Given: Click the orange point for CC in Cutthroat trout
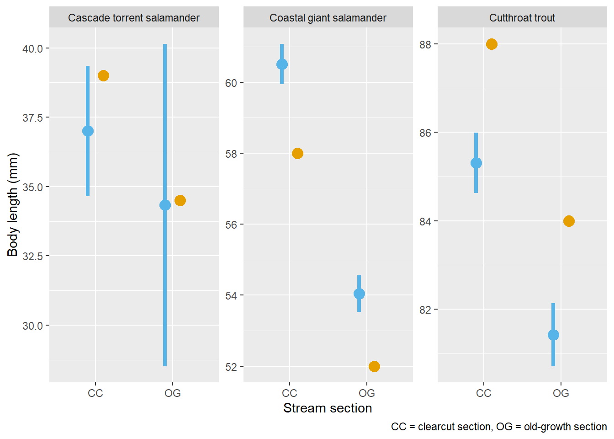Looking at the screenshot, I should pos(492,44).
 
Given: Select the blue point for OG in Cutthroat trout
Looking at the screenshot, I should pos(553,335).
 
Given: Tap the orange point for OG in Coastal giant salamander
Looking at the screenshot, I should pos(374,366).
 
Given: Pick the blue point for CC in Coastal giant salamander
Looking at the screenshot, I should pos(282,64).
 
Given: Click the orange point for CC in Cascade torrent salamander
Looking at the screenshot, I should pos(103,75).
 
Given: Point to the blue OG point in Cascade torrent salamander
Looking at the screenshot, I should pos(165,205).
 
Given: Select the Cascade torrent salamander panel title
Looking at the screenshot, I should pos(134,18).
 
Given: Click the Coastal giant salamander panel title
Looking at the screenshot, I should pos(328,18).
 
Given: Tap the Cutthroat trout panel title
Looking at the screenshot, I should pos(522,18).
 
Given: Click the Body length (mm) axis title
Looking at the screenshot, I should pos(13,204).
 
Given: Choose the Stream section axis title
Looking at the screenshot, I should pos(328,408).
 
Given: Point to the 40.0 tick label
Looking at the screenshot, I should pos(33,48).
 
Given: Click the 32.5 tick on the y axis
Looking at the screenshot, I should pos(33,256).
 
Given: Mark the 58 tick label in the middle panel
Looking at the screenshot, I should pos(231,154).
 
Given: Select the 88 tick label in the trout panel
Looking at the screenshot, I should pos(425,44).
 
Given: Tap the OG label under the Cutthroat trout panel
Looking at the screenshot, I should pos(561,393).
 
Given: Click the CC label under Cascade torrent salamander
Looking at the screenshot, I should pos(95,393).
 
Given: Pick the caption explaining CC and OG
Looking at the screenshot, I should pos(499,427).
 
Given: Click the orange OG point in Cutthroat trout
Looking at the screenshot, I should pos(569,221).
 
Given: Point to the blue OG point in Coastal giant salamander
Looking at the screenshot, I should pos(359,294).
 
